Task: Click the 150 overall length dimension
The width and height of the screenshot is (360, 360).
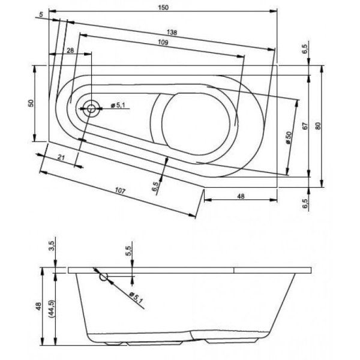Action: (163, 7)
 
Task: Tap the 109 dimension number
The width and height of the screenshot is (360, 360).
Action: (161, 43)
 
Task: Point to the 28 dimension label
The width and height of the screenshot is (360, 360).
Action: (71, 50)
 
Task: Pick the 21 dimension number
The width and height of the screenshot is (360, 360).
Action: (61, 157)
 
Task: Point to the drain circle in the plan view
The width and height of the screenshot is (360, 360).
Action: (92, 109)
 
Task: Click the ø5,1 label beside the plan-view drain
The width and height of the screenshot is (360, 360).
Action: (117, 106)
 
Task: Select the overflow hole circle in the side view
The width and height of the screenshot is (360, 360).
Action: (104, 277)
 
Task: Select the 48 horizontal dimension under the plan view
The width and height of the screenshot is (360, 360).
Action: (241, 196)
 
